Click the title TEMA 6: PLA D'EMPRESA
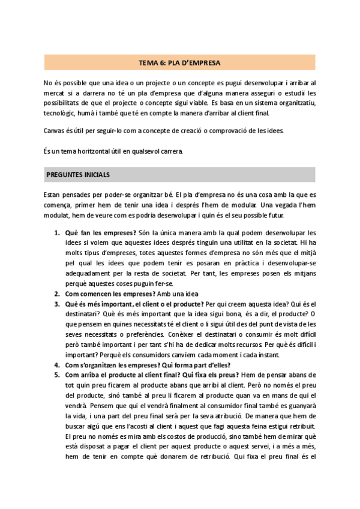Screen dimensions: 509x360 tap(179, 62)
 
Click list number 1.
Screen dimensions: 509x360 tap(57, 232)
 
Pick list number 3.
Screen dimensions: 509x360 tap(57, 304)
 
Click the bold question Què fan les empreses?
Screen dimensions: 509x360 tap(100, 232)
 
